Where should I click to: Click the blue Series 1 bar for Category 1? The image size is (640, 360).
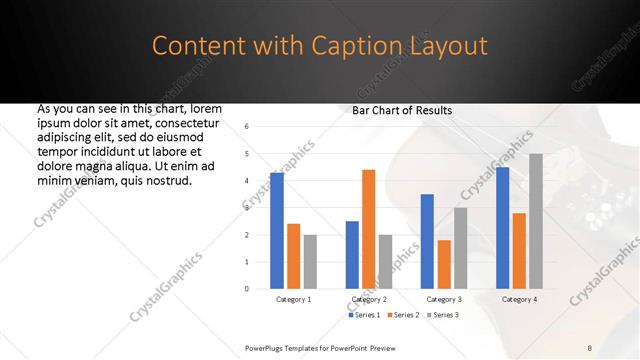[x=277, y=230]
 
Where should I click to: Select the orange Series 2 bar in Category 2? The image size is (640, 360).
[x=368, y=229]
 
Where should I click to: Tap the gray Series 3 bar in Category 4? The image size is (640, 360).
[x=536, y=221]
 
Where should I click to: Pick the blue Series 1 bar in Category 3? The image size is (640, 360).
[x=427, y=241]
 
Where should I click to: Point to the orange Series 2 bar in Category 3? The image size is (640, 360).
[x=444, y=264]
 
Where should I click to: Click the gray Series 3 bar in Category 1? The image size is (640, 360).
[x=310, y=261]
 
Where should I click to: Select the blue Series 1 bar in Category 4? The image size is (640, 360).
[x=502, y=227]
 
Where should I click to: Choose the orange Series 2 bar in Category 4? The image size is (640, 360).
[x=519, y=250]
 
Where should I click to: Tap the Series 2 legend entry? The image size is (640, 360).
[x=402, y=315]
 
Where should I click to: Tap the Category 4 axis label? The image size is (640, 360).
[x=518, y=299]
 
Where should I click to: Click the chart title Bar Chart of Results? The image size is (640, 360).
[x=402, y=110]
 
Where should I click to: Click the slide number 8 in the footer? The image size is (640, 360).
[x=590, y=347]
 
